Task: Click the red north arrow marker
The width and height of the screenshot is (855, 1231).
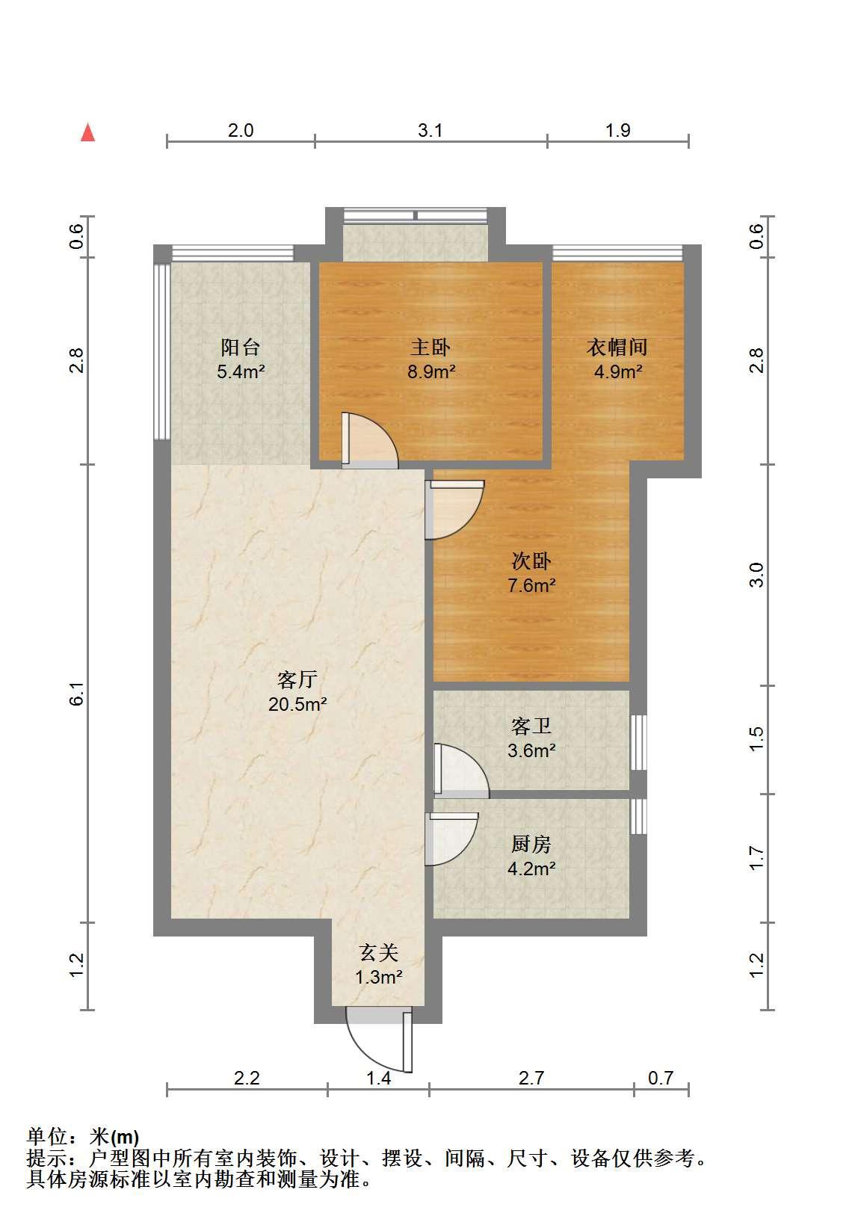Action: [x=88, y=133]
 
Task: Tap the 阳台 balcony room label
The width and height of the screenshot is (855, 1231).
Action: [x=240, y=348]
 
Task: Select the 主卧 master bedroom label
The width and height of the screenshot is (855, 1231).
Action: [x=430, y=348]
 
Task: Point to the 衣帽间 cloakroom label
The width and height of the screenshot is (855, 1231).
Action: [x=617, y=348]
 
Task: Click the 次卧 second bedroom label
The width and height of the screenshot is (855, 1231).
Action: [x=531, y=561]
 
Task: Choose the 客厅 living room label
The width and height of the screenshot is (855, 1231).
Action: [x=297, y=680]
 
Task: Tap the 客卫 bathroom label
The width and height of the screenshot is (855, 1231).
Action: [x=531, y=726]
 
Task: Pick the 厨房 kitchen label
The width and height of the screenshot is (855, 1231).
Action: [x=531, y=845]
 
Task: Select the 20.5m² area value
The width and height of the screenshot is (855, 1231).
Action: [x=297, y=704]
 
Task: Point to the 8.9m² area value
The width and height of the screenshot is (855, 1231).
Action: [x=431, y=372]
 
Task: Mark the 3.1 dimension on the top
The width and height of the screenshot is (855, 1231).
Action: [x=430, y=131]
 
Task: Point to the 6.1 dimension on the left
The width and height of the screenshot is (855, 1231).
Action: [x=77, y=694]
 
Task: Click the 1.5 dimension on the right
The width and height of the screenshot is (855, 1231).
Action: [x=756, y=739]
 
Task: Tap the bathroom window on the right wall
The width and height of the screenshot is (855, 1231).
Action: [x=638, y=742]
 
